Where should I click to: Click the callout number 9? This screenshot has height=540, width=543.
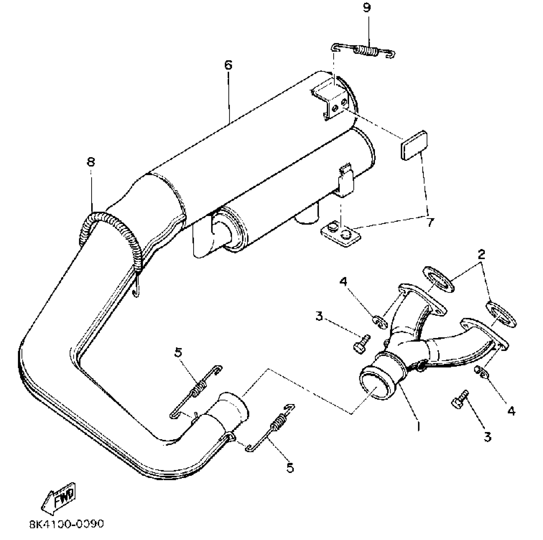(x=367, y=8)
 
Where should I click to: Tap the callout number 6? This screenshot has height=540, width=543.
(x=228, y=65)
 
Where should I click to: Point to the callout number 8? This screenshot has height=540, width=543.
(x=91, y=162)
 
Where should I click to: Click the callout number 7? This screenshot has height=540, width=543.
(x=430, y=222)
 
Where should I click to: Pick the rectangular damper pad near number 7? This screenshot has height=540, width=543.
(x=413, y=145)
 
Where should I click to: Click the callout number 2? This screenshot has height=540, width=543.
(x=481, y=255)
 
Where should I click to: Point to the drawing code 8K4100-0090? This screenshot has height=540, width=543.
(x=66, y=524)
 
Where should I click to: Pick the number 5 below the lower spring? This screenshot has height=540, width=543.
(x=290, y=468)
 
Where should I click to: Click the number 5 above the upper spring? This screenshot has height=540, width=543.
(x=178, y=353)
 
